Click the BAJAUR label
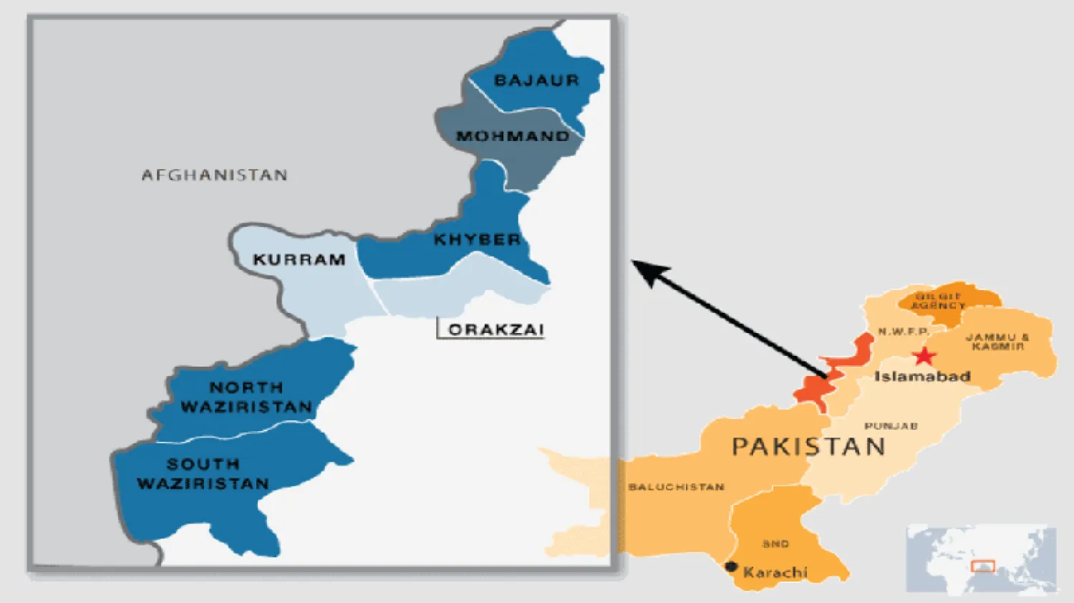coord(536,80)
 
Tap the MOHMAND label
coord(513,136)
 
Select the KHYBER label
coord(477,240)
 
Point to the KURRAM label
coord(299,260)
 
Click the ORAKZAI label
coord(496,330)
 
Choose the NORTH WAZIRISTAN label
coord(246,397)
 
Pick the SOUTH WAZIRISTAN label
coord(203,474)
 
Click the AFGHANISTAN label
coord(214,175)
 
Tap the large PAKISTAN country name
coord(808,447)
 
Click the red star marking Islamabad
coord(924,355)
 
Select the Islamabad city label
coord(922,377)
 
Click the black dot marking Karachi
coord(731,566)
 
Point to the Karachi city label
coord(775,572)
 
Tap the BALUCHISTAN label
coord(677,487)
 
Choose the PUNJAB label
coord(891,426)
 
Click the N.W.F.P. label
coord(904,332)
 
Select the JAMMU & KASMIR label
coord(997,342)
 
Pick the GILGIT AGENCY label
coord(938,301)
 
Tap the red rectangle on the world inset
coord(983,566)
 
